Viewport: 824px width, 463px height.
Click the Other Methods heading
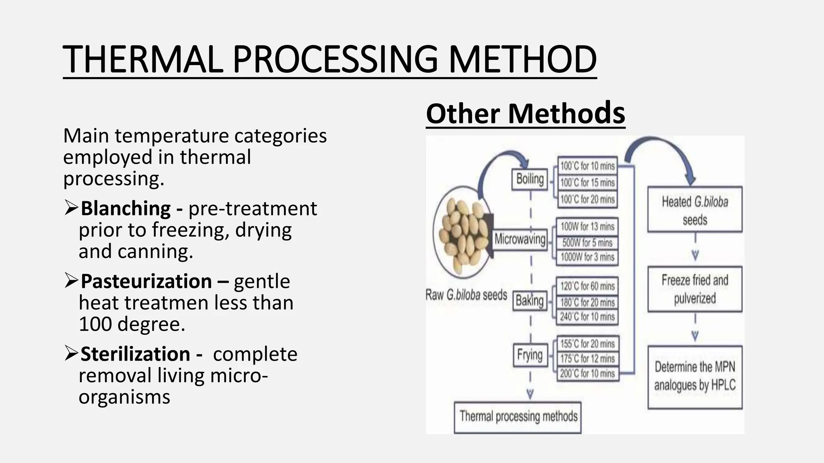click(x=525, y=114)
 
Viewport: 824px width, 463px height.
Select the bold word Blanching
click(x=126, y=209)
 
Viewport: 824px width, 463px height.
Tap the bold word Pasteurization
click(x=146, y=281)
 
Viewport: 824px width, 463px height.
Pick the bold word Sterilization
click(x=136, y=354)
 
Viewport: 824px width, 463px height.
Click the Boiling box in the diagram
click(x=530, y=179)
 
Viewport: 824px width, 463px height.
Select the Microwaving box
click(x=520, y=239)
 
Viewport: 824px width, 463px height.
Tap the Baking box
click(x=529, y=301)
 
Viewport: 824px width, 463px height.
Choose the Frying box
click(x=530, y=355)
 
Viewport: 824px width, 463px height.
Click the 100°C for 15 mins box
click(x=587, y=183)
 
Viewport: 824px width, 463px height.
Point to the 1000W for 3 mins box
click(x=587, y=257)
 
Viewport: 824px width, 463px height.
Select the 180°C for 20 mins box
click(x=587, y=302)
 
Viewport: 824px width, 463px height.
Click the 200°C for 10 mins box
click(x=587, y=374)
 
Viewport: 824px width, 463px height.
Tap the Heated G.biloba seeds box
click(x=695, y=210)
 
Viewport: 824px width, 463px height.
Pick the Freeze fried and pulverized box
click(x=695, y=289)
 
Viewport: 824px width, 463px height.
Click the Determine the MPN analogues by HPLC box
click(x=695, y=377)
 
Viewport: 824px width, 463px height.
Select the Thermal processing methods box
click(x=518, y=417)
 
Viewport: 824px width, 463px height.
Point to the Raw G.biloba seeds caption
click(x=466, y=295)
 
